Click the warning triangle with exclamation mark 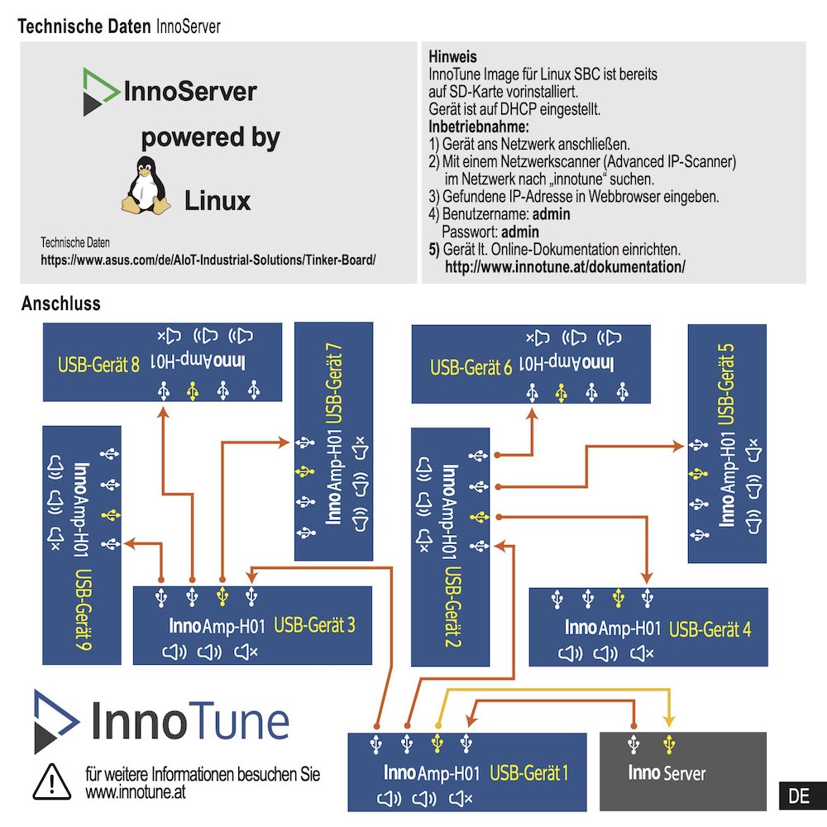click(x=51, y=780)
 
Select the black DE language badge click(x=798, y=796)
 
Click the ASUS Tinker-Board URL click(x=208, y=260)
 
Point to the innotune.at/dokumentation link click(x=565, y=267)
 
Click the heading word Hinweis click(x=452, y=57)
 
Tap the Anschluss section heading click(x=60, y=304)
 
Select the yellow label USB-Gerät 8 click(x=98, y=364)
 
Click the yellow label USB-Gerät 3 click(x=314, y=625)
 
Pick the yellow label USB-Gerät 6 click(x=471, y=366)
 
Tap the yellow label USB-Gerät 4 click(x=710, y=629)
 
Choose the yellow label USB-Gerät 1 click(x=529, y=773)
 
